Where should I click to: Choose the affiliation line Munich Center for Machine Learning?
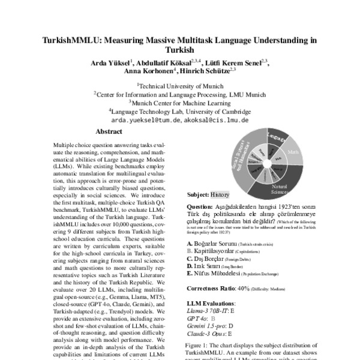tap(180, 103)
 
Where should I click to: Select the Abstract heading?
tap(109, 131)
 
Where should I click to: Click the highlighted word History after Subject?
tap(220, 195)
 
